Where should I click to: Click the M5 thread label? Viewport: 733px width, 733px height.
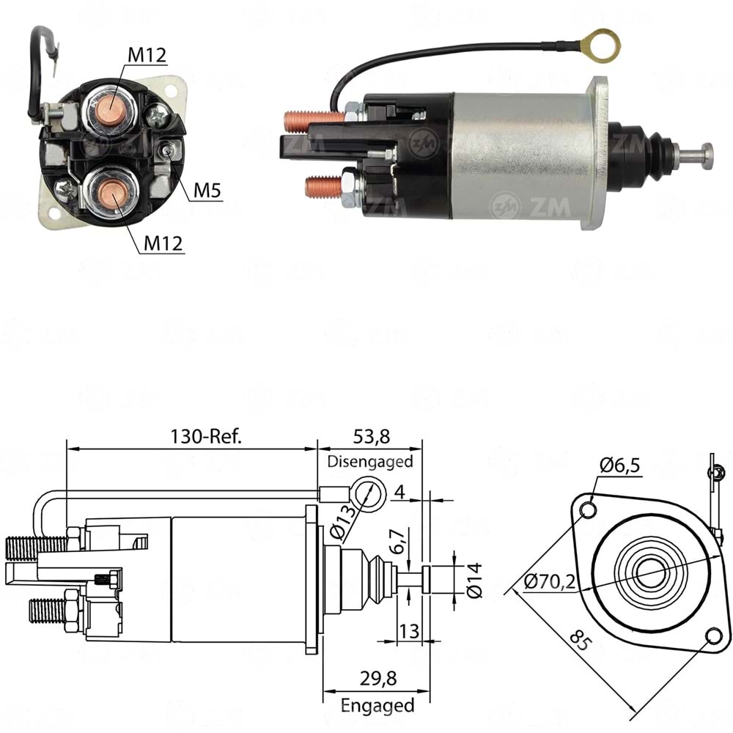coord(207,191)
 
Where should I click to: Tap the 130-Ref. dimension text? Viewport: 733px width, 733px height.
coord(206,436)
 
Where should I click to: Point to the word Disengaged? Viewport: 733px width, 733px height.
coord(369,462)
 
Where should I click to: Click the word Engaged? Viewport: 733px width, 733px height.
coord(377,706)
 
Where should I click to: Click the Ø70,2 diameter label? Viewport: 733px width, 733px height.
coord(549,583)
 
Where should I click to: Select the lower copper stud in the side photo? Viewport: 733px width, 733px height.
coord(323,186)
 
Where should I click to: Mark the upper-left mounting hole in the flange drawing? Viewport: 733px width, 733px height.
coord(586,509)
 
